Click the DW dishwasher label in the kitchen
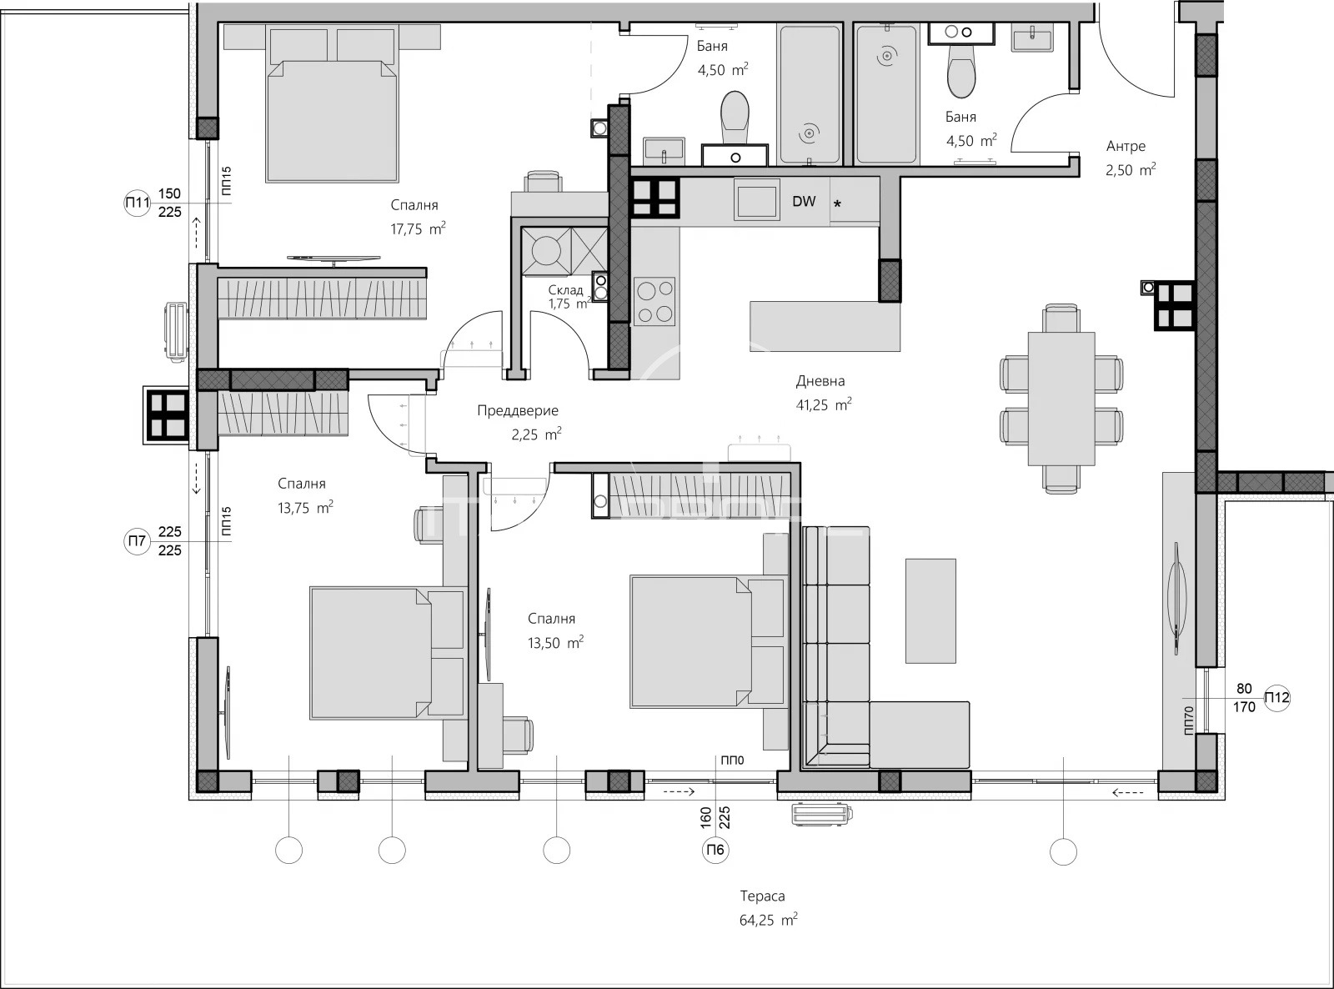pos(804,202)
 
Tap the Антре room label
pos(1126,146)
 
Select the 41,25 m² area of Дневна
pos(824,404)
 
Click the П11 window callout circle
pos(137,203)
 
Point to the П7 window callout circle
pos(137,541)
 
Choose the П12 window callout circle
pos(1276,698)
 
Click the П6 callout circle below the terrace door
pos(715,850)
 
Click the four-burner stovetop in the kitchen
pos(655,301)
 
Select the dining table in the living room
pos(1061,399)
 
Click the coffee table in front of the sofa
pos(930,610)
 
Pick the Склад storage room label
pos(565,290)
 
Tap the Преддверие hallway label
pos(518,411)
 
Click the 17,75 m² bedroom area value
pos(419,228)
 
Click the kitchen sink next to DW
pos(756,199)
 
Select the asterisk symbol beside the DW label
pos(837,204)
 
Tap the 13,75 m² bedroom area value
pos(305,508)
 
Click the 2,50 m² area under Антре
pos(1131,170)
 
